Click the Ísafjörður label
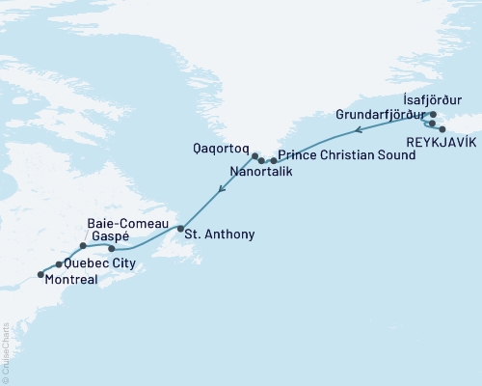[x=432, y=98]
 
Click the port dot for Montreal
[x=40, y=275]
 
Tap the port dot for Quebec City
[x=60, y=263]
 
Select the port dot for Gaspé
[x=112, y=249]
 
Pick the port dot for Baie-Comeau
[x=84, y=246]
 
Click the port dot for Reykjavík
[x=442, y=128]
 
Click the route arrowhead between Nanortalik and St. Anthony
[x=222, y=189]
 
